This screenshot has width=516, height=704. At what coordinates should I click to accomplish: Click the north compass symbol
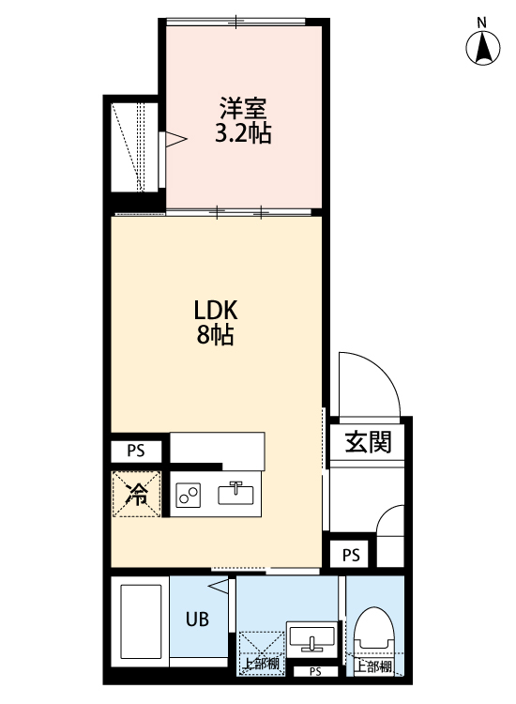tap(482, 48)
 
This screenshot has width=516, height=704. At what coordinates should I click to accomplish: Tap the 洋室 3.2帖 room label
tap(243, 120)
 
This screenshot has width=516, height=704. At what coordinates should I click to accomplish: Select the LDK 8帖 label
tap(215, 322)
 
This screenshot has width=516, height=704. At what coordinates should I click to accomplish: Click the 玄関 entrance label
tap(368, 441)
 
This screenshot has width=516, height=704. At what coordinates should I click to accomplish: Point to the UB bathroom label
tap(197, 620)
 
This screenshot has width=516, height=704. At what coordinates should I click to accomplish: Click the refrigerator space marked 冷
tap(136, 494)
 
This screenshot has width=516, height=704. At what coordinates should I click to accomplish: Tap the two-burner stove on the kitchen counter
tap(188, 495)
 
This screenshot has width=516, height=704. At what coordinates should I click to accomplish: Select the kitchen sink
tap(235, 494)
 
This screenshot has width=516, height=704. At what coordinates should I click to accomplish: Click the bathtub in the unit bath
tap(141, 622)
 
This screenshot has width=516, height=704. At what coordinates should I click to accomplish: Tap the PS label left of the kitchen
tap(136, 451)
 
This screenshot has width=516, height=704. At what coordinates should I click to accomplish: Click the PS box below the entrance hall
tap(351, 555)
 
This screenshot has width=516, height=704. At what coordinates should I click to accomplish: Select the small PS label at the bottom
tap(315, 672)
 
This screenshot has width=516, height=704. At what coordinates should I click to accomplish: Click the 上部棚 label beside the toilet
tap(373, 666)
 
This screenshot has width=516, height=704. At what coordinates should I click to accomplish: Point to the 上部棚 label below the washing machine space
tap(262, 664)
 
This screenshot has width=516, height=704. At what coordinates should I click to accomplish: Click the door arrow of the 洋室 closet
tap(175, 139)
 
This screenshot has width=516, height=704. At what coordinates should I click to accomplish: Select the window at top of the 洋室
tap(236, 21)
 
